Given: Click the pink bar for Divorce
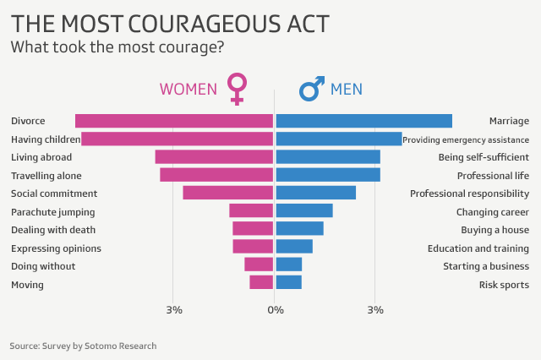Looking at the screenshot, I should pyautogui.click(x=174, y=121).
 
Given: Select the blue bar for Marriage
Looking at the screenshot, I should pyautogui.click(x=364, y=121).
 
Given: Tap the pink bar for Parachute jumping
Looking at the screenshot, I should pyautogui.click(x=251, y=211).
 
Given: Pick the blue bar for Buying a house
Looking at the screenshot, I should pyautogui.click(x=300, y=229).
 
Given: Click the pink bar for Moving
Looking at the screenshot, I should pyautogui.click(x=261, y=283).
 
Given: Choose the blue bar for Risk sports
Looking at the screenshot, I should pyautogui.click(x=289, y=283).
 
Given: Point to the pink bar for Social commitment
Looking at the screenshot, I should pyautogui.click(x=228, y=193).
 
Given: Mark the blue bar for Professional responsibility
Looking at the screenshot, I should pyautogui.click(x=316, y=193).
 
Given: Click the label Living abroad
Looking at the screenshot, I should pyautogui.click(x=41, y=157).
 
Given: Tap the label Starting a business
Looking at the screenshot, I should pyautogui.click(x=486, y=266).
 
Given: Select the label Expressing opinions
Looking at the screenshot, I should pyautogui.click(x=56, y=248).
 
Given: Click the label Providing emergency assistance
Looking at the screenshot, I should pyautogui.click(x=466, y=139).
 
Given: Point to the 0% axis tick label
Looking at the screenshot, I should pyautogui.click(x=275, y=310).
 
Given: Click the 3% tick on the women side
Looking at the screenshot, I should pyautogui.click(x=174, y=310).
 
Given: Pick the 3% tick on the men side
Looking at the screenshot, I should pyautogui.click(x=375, y=310).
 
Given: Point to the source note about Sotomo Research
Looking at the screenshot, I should pyautogui.click(x=83, y=346).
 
